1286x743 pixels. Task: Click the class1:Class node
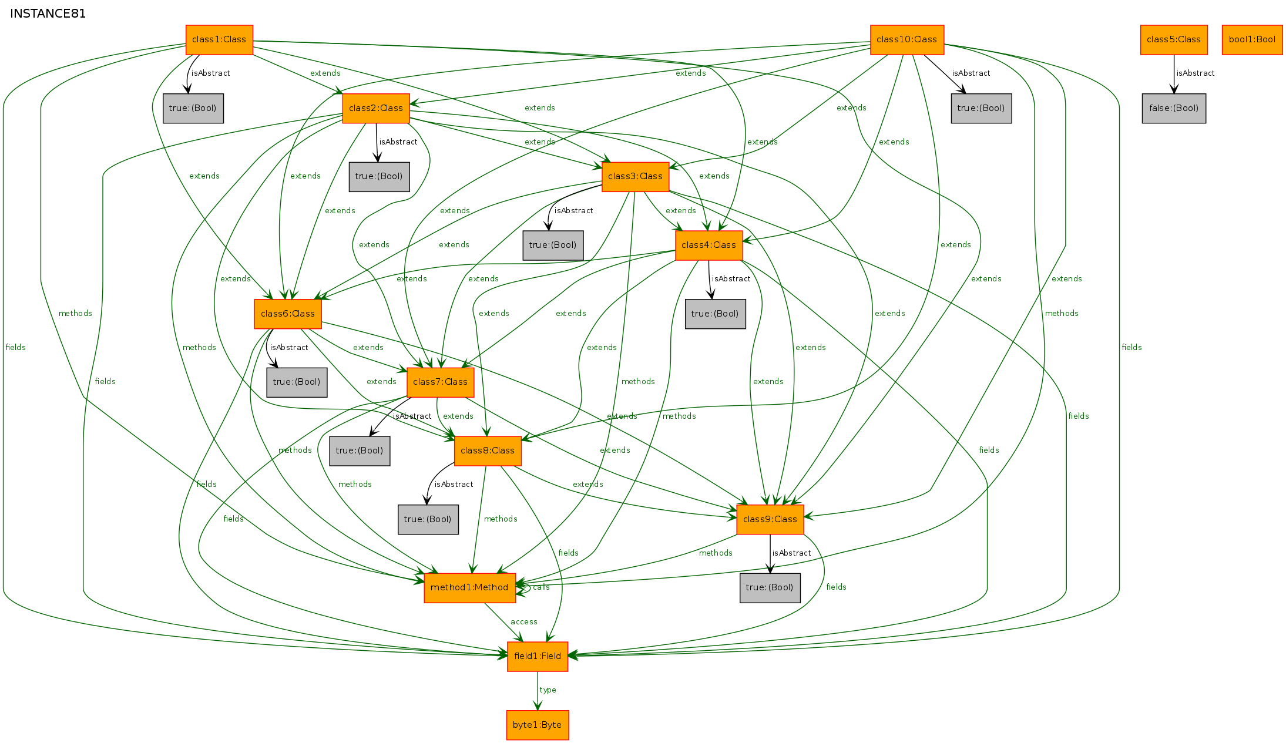[x=219, y=40]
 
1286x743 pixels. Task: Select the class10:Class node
[x=907, y=40]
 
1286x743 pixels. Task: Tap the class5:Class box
[x=1174, y=40]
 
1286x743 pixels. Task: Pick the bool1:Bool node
[x=1252, y=40]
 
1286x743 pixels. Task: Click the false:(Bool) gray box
[x=1174, y=109]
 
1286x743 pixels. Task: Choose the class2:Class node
[x=376, y=109]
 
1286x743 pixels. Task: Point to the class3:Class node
[x=636, y=177]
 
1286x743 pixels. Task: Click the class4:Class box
[x=709, y=246]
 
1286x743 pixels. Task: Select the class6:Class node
[x=288, y=314]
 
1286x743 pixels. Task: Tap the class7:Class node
[x=441, y=382]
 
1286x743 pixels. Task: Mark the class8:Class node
[x=488, y=451]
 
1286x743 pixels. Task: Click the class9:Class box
[x=770, y=520]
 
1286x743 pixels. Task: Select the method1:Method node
[x=470, y=588]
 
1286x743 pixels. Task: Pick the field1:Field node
[x=538, y=657]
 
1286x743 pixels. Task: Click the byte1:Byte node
[x=538, y=725]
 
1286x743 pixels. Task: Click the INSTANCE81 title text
[x=48, y=14]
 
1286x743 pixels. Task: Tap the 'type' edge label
[x=548, y=690]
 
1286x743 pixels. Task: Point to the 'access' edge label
[x=524, y=622]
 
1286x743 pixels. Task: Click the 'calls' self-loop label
[x=541, y=587]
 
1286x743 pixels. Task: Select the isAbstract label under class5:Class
[x=1196, y=73]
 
